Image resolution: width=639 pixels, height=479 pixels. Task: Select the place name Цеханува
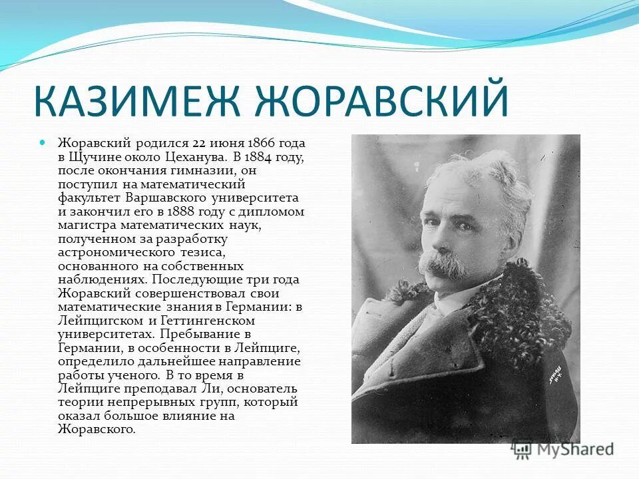pos(194,158)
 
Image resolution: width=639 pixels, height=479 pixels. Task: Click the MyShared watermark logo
pos(562,449)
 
